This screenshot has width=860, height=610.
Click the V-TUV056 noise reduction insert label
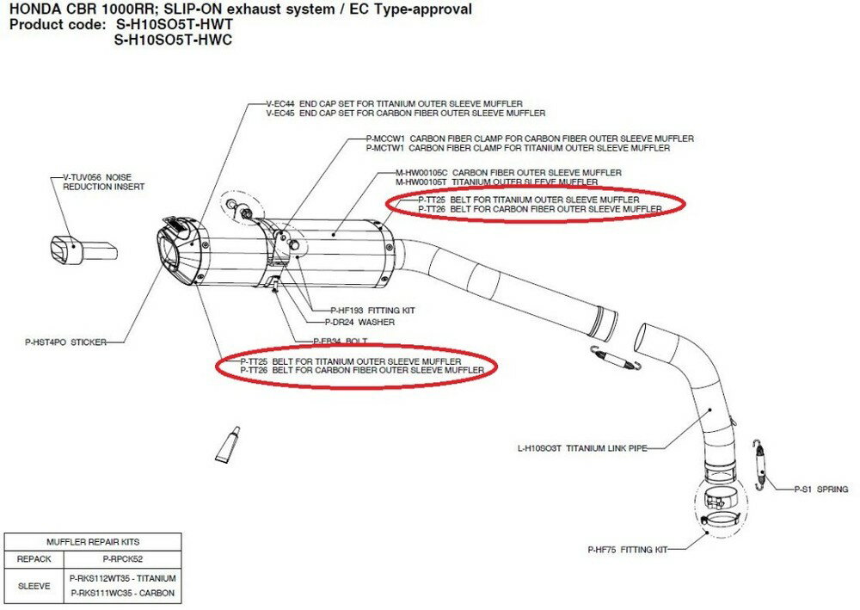104,182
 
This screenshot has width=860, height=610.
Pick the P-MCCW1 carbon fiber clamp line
524,139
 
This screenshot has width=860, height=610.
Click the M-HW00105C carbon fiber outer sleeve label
507,172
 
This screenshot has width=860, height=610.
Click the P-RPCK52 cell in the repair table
121,558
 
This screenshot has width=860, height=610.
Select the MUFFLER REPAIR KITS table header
93,542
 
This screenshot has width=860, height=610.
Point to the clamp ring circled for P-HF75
718,521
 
